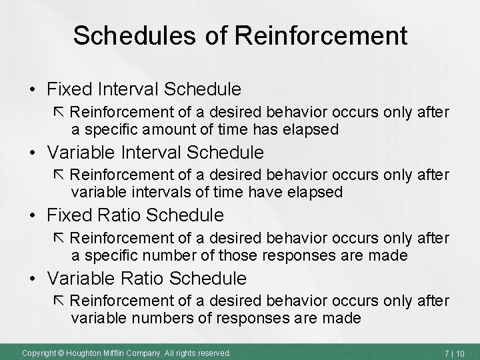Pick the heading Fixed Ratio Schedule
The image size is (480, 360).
point(137,216)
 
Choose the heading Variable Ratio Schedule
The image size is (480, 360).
point(149,278)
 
